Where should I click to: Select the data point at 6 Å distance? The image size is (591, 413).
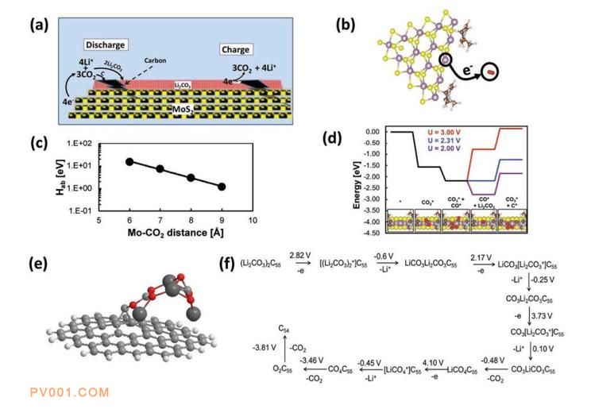click(129, 161)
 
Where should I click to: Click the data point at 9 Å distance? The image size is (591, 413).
click(222, 187)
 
